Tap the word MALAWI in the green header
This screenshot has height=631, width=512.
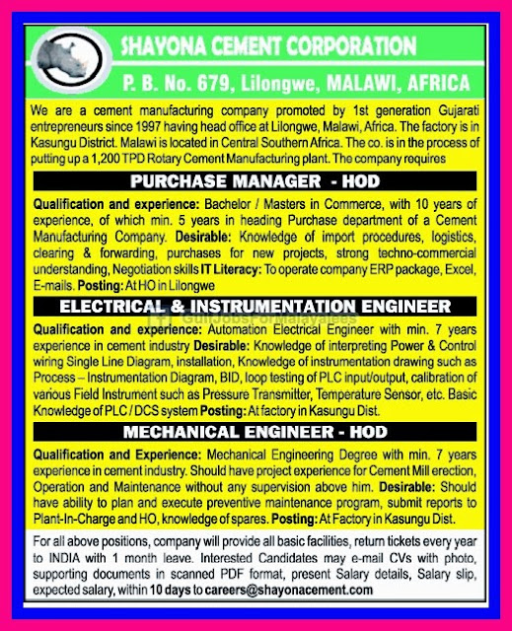[347, 76]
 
